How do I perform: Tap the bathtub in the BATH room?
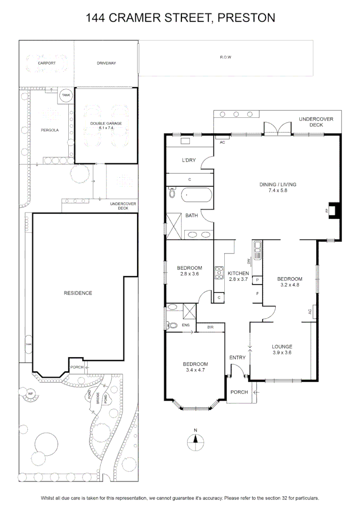196,195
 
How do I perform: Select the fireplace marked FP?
334,210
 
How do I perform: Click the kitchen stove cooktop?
219,273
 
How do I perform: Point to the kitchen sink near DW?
257,250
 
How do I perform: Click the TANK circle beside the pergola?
66,95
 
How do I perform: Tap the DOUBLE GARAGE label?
106,123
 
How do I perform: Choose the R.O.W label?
226,57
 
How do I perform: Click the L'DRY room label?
188,160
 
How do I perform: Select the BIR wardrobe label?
210,327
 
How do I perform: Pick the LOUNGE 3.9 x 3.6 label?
282,349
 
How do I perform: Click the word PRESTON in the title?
246,17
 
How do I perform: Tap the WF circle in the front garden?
30,394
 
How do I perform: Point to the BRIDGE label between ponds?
98,398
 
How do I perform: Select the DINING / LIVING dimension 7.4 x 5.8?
278,190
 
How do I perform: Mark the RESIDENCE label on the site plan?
78,293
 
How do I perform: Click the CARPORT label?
47,63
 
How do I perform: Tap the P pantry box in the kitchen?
257,280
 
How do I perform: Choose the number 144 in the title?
95,17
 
